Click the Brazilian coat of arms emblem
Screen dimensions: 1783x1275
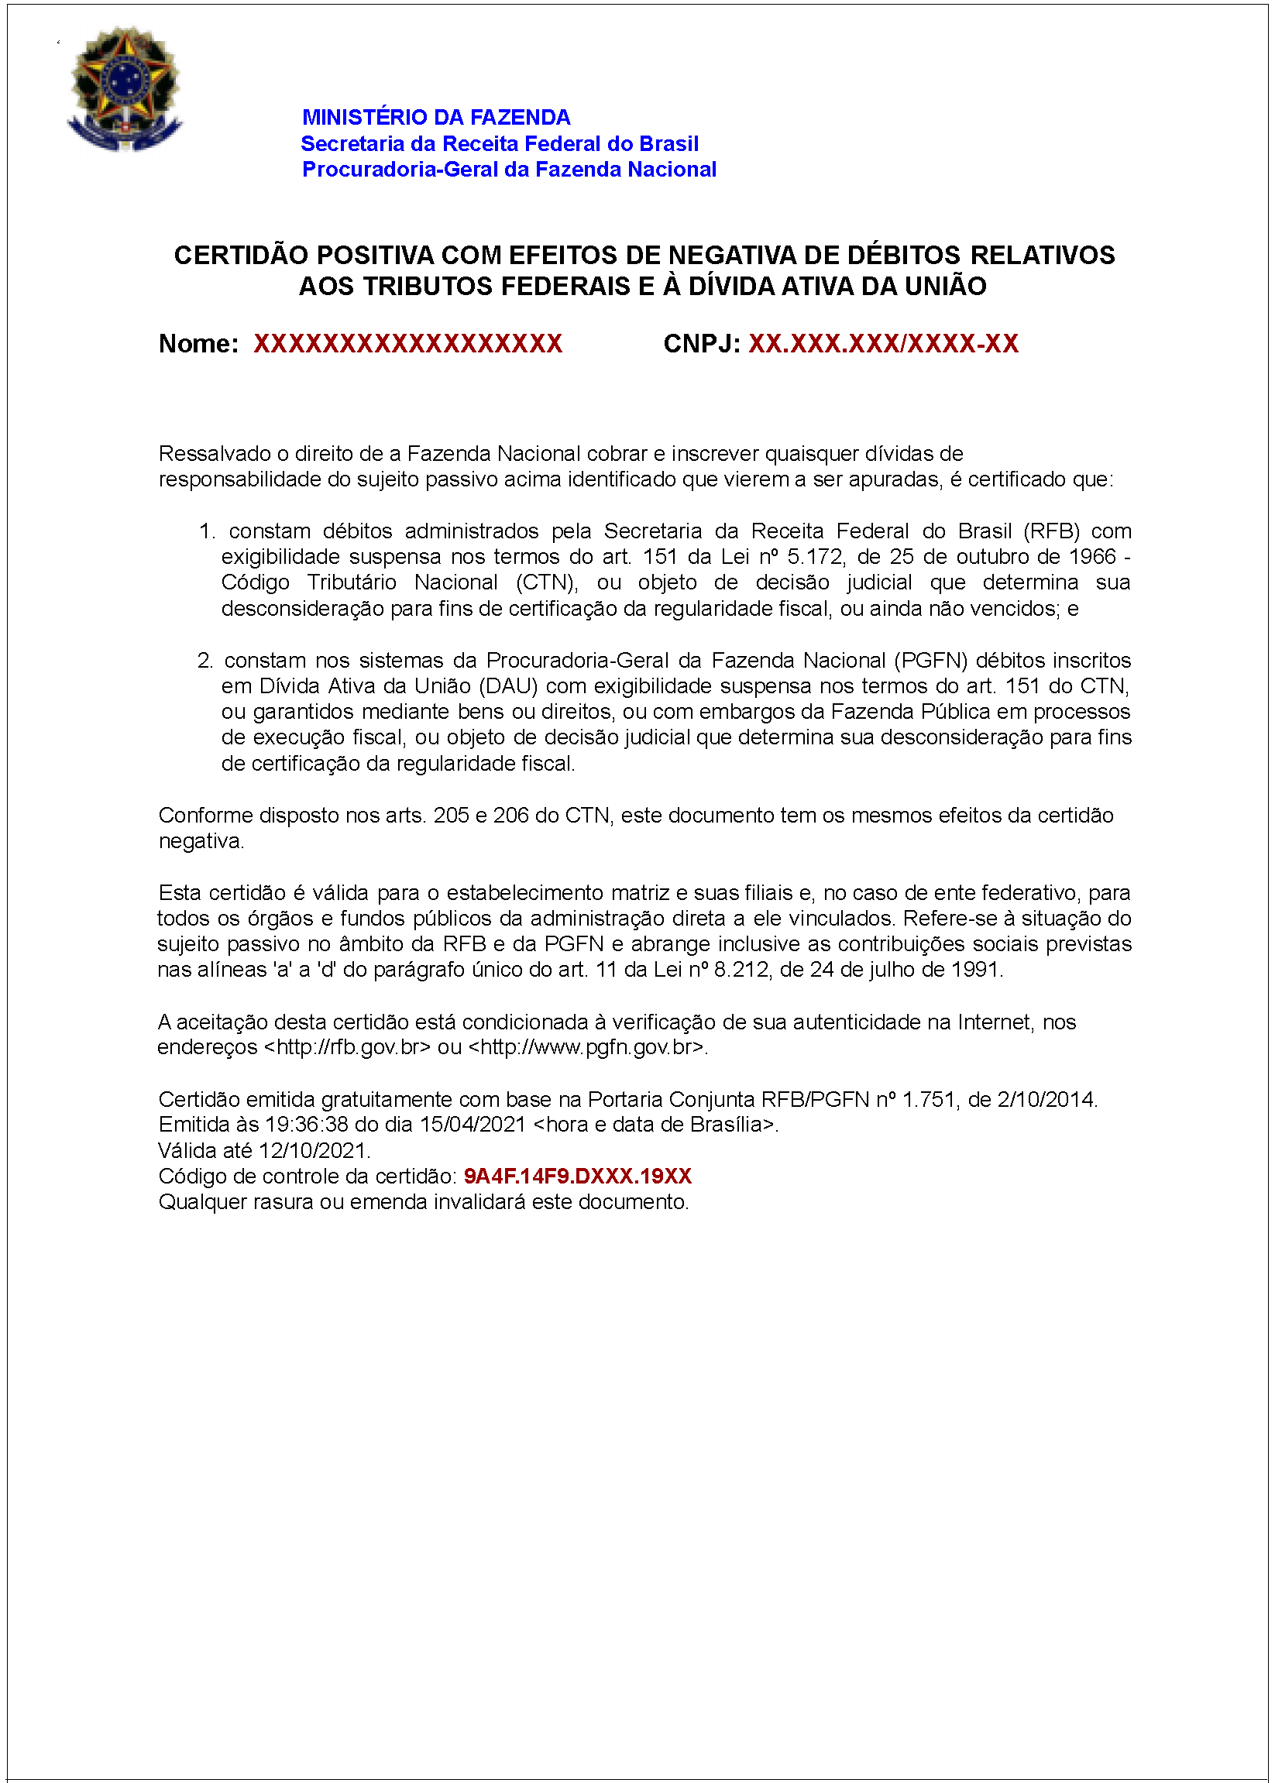point(125,89)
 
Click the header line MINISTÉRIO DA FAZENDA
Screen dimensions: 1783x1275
point(436,118)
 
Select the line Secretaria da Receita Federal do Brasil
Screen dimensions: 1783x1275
point(500,143)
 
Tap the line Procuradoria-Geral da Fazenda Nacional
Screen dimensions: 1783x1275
point(509,170)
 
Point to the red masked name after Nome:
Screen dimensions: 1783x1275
point(407,344)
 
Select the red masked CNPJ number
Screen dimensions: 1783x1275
point(883,344)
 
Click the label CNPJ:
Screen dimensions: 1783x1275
point(702,344)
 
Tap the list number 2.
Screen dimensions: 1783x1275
point(205,660)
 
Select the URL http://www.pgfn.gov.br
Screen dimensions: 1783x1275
point(588,1047)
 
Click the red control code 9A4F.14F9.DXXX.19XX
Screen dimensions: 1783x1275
point(577,1176)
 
